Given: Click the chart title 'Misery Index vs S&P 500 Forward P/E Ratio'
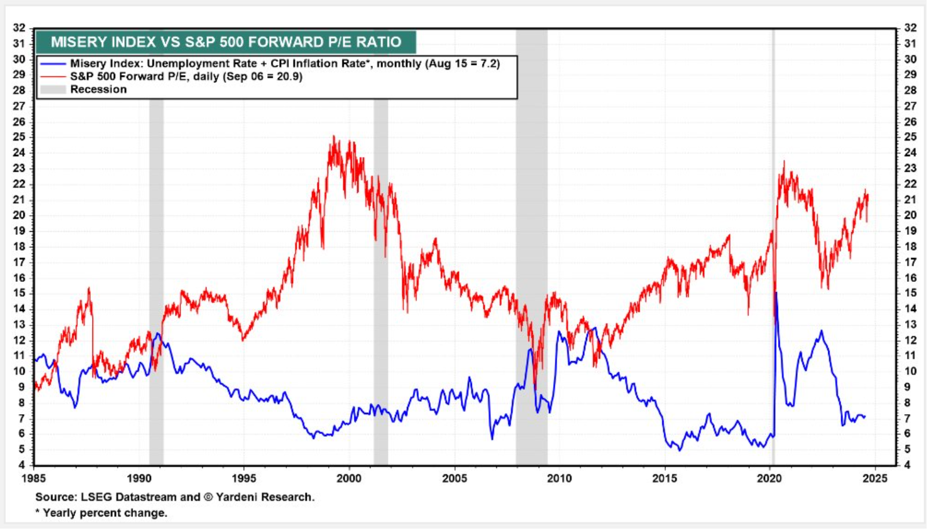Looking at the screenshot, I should (x=226, y=42).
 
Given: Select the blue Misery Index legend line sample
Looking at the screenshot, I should (x=53, y=64).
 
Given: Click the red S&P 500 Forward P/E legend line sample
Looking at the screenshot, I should (x=53, y=77).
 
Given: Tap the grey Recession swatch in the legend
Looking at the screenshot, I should (x=53, y=89).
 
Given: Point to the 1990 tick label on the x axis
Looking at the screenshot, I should (x=139, y=479).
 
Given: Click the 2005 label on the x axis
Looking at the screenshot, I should (x=455, y=479).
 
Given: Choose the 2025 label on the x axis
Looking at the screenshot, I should (x=875, y=479).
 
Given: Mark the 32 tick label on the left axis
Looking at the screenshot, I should (x=19, y=28).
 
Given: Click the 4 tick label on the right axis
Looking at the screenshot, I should (x=908, y=465).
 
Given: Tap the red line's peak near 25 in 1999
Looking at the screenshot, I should (x=334, y=137).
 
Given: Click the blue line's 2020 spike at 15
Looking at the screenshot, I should (x=776, y=293).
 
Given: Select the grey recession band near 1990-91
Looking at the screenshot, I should (x=156, y=268).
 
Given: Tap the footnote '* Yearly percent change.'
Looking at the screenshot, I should (x=101, y=513).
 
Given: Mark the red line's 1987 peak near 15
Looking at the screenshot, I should (x=89, y=289).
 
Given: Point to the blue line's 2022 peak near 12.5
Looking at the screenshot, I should (x=822, y=331).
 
